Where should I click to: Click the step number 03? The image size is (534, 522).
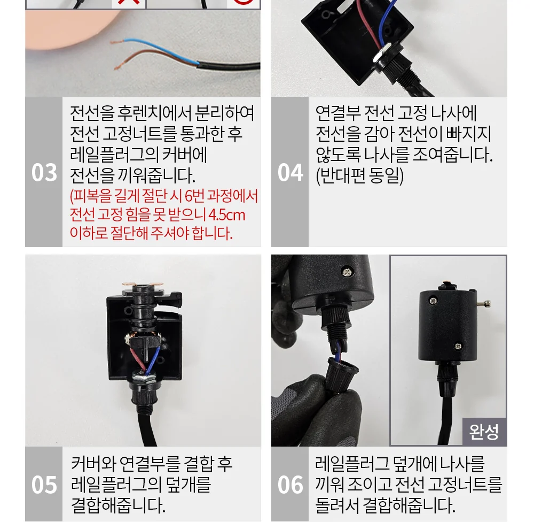44,173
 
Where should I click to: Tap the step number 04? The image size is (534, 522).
290,173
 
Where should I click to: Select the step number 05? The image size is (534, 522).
44,485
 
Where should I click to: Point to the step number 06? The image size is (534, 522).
290,485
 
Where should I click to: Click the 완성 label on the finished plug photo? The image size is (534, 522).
484,432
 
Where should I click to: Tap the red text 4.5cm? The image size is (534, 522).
226,215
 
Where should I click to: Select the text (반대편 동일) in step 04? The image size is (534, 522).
359,176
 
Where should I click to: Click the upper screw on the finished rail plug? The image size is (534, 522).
433,301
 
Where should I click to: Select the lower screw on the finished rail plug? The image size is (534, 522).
458,346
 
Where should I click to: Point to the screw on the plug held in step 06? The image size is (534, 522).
348,272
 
